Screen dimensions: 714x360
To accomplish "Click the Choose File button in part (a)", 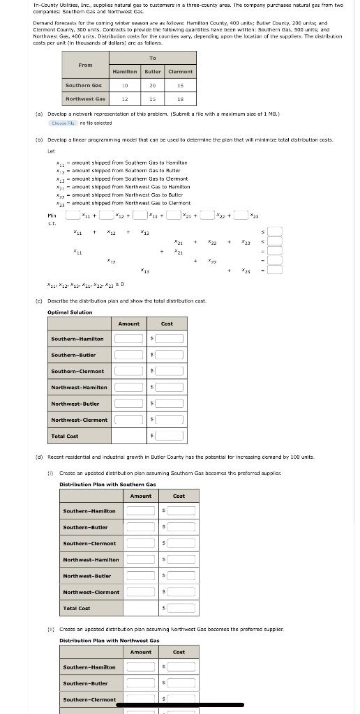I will [63, 123].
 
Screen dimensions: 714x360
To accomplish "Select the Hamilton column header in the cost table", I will [124, 71].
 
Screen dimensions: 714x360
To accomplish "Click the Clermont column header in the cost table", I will [180, 71].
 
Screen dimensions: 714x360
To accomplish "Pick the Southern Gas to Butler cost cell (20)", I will [152, 85].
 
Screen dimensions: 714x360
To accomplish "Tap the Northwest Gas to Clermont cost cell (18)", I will [180, 99].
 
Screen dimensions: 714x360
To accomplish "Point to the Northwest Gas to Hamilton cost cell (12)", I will [124, 99].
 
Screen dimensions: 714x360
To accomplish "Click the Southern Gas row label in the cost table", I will [83, 85].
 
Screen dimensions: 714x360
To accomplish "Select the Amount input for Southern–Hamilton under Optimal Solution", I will [128, 339].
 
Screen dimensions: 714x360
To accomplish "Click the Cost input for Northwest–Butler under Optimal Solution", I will [170, 404].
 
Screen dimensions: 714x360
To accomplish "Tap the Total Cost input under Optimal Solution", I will [170, 436].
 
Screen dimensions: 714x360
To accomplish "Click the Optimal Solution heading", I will [70, 312].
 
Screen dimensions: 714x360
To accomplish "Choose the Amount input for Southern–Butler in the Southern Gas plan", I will [140, 527].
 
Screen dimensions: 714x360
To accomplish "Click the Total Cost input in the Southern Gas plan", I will [181, 608].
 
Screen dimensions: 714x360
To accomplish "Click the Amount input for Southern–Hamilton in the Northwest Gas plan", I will [140, 667].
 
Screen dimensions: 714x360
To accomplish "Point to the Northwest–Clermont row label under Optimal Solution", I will [80, 420].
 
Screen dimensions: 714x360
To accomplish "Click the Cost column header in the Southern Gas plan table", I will [179, 496].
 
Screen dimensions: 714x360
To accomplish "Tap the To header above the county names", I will [152, 59].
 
